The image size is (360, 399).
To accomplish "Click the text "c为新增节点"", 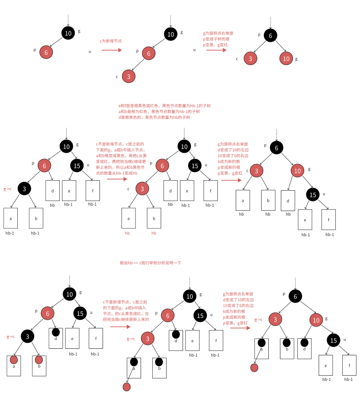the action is pyautogui.click(x=110, y=41).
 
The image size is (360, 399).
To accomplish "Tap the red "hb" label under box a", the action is pyautogui.click(x=127, y=233).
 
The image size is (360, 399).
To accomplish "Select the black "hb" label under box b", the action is pyautogui.click(x=268, y=214).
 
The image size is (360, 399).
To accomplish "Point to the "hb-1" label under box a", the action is pyautogui.click(x=10, y=233).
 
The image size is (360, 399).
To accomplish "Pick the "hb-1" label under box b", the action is pyautogui.click(x=35, y=233).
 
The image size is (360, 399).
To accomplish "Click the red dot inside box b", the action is pyautogui.click(x=39, y=360).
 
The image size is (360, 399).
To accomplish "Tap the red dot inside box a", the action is pyautogui.click(x=14, y=360).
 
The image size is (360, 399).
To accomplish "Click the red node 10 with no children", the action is pyautogui.click(x=286, y=58).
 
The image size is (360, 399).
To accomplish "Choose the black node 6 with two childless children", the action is pyautogui.click(x=270, y=36).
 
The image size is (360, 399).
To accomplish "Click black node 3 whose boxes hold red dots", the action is pyautogui.click(x=27, y=337).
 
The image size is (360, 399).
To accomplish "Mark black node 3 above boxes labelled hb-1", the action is pyautogui.click(x=24, y=188).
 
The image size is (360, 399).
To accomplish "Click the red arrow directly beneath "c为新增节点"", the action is pyautogui.click(x=112, y=50).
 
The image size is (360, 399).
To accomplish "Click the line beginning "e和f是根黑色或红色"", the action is pyautogui.click(x=164, y=106).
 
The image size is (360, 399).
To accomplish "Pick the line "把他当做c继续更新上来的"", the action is pyautogui.click(x=126, y=319).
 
